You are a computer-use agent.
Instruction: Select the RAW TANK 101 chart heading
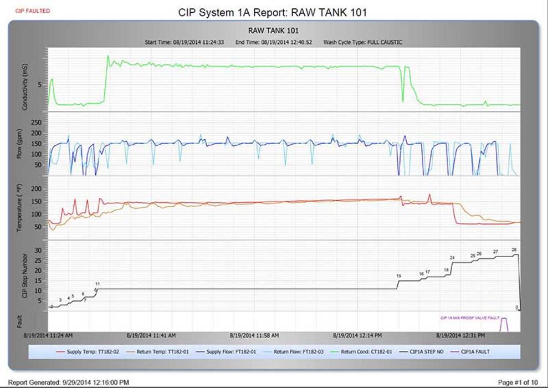(x=274, y=31)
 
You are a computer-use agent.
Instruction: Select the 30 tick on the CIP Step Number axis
(x=38, y=250)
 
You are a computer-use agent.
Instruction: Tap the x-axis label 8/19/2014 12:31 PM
(x=460, y=335)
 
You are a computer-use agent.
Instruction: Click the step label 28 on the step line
(x=514, y=250)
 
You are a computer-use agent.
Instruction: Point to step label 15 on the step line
(x=398, y=275)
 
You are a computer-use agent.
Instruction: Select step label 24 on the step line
(x=452, y=258)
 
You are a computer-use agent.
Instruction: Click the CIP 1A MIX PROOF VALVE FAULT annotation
(x=470, y=318)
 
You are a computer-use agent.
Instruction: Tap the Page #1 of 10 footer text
(x=518, y=382)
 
